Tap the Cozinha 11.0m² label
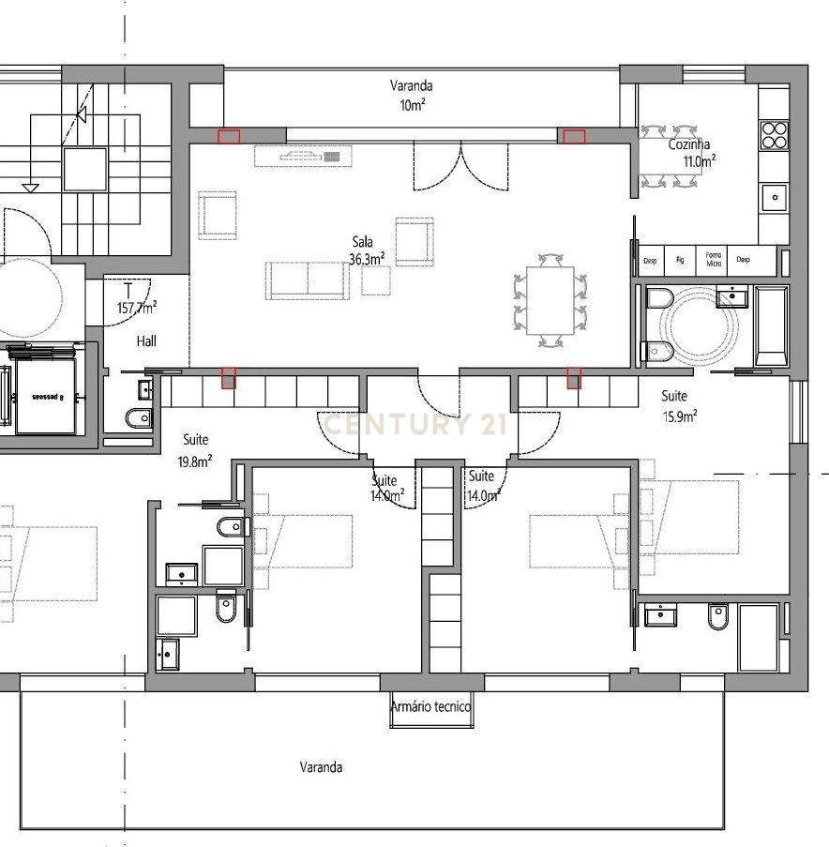point(693,153)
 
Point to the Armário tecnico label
point(431,707)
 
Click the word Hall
point(145,341)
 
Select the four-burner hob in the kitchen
point(774,135)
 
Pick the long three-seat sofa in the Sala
point(307,280)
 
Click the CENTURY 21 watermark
point(414,425)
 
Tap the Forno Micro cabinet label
point(714,258)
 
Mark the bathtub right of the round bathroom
point(772,326)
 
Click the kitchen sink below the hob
point(774,196)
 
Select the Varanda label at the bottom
point(321,767)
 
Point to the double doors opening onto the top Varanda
point(461,167)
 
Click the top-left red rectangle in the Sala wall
point(228,137)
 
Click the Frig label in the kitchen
point(681,259)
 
